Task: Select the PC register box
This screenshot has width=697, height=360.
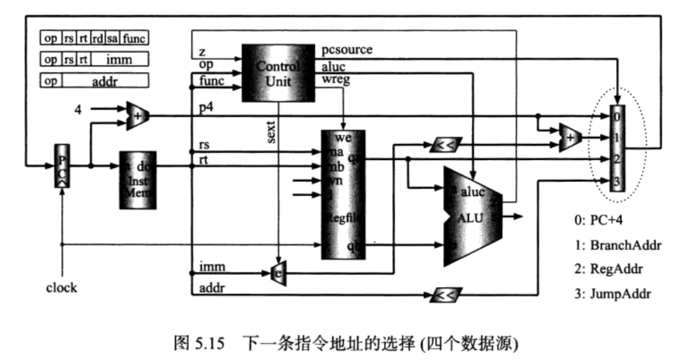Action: pos(60,165)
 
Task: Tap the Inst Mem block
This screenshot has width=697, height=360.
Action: pos(138,180)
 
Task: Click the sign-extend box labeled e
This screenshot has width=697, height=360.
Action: pos(278,274)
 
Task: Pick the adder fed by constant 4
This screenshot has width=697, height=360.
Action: pos(136,114)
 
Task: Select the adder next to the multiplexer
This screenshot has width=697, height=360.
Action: pos(570,137)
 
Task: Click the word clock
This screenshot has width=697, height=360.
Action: pos(61,288)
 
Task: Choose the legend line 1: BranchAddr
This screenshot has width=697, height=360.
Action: pos(623,245)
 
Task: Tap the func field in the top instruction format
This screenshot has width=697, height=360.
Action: pos(133,39)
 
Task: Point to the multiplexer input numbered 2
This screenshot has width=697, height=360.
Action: pos(617,159)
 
